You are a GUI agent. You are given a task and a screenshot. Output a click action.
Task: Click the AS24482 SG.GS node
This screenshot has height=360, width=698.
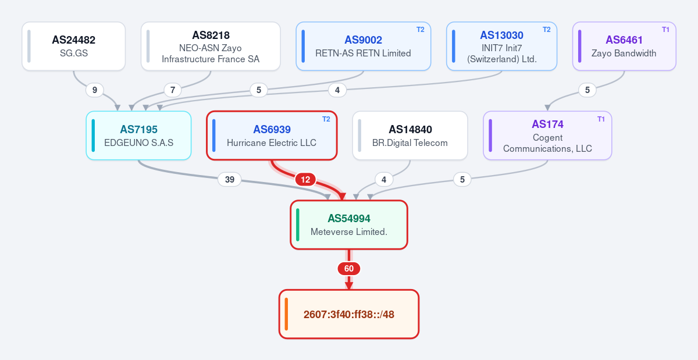73,46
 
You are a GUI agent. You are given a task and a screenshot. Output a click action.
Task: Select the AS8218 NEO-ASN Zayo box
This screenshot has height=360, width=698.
211,46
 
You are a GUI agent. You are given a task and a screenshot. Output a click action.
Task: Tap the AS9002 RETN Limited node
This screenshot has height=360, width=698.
364,46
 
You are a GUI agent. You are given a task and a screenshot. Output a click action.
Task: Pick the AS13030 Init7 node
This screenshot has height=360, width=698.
501,46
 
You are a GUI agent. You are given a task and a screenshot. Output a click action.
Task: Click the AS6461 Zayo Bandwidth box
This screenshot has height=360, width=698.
624,46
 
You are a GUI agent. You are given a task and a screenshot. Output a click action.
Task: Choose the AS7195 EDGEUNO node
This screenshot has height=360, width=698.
138,136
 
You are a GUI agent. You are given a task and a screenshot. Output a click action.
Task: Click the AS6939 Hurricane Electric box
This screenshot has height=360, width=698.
272,136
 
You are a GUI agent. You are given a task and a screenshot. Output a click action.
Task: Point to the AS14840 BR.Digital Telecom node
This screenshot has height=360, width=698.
410,136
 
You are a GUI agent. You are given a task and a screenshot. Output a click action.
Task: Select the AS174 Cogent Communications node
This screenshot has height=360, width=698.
547,136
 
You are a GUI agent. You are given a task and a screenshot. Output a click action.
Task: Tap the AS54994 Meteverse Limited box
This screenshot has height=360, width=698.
349,224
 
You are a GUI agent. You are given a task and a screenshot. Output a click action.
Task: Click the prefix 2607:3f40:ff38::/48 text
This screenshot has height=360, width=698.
349,315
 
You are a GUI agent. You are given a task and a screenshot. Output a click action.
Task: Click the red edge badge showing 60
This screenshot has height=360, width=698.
349,269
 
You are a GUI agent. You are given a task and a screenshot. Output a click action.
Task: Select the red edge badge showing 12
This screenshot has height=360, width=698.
305,180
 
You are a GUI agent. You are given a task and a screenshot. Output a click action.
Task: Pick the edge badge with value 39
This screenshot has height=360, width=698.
230,180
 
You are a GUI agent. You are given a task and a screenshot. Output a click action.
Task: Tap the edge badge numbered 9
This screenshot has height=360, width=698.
95,90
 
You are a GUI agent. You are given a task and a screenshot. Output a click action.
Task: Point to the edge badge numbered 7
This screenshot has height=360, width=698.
173,90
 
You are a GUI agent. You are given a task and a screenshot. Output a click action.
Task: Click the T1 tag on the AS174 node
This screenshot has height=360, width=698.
601,119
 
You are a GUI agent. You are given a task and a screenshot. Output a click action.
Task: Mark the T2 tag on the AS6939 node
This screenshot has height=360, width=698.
326,119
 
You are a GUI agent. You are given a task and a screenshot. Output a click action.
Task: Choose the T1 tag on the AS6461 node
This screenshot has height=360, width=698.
665,30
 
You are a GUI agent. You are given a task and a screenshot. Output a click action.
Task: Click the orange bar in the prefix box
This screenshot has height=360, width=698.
286,314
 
